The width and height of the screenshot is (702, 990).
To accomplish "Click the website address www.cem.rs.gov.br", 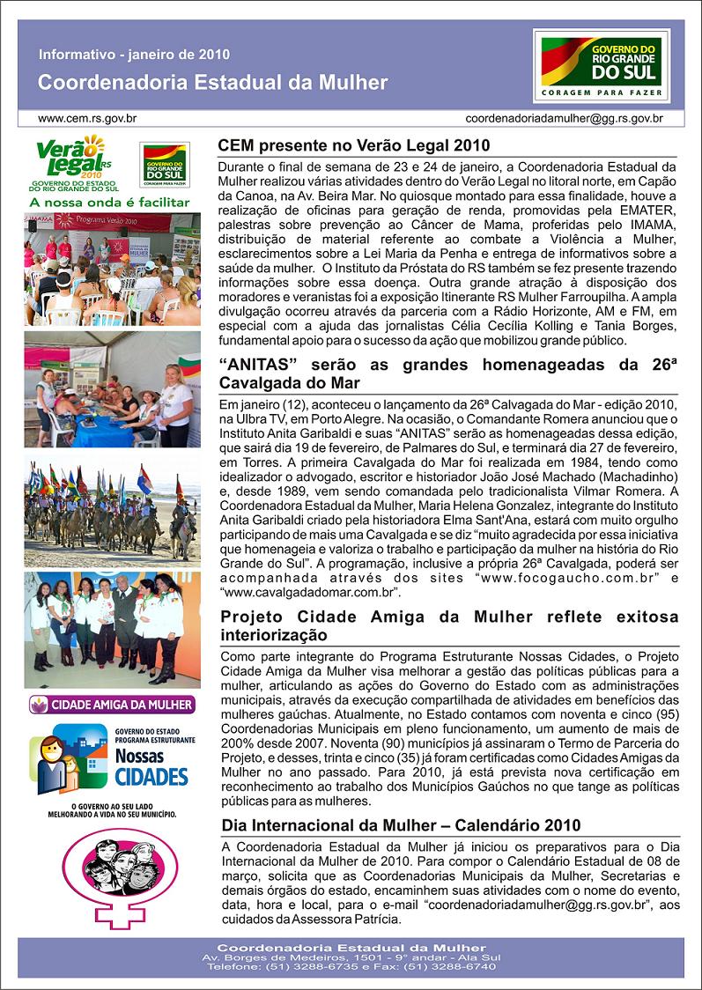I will point(86,117).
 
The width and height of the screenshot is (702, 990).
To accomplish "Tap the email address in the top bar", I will point(564,117).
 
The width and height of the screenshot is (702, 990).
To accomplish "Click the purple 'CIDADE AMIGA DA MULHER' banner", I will point(111,705).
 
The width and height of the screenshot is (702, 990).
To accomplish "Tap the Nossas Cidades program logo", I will point(111,760).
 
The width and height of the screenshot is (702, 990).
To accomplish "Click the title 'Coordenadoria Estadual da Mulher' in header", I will point(212,83).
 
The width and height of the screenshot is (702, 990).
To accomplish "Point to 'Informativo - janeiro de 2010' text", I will point(134,55).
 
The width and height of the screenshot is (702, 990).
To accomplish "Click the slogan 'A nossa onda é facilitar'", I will point(109,202).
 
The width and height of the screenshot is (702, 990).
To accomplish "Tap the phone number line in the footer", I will point(351,966).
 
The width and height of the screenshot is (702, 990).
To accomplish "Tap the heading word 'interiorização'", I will point(272,635).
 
